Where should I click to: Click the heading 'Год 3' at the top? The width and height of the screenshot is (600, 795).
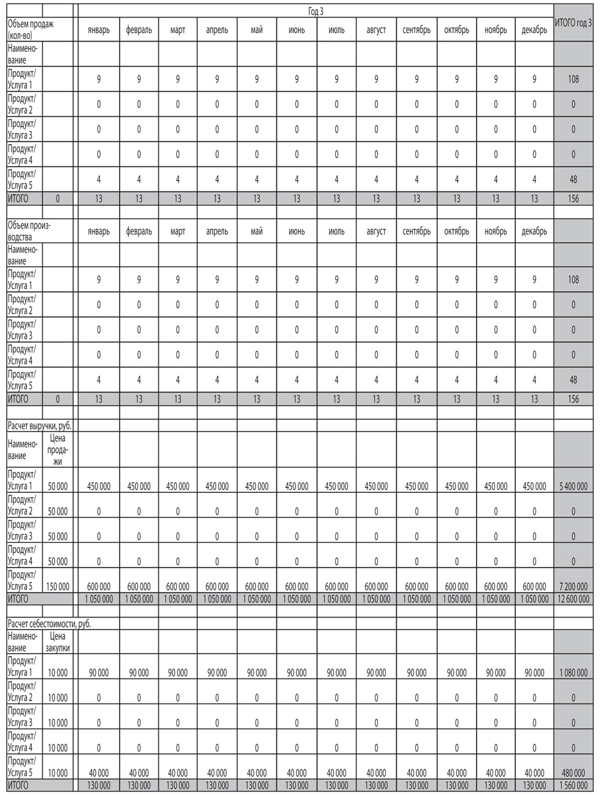point(316,11)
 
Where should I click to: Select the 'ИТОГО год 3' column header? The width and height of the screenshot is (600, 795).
point(573,23)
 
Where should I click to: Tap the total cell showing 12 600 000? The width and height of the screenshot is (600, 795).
point(573,599)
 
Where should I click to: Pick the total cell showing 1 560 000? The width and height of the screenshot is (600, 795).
point(573,785)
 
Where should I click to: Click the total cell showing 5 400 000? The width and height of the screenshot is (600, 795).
point(573,486)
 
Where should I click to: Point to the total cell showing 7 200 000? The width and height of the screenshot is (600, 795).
point(573,586)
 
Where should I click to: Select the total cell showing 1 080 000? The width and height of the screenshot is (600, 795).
point(573,672)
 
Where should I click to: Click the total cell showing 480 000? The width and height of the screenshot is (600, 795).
point(573,773)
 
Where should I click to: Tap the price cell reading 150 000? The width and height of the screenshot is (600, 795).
point(58,586)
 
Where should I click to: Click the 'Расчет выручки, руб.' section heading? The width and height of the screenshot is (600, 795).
point(39,425)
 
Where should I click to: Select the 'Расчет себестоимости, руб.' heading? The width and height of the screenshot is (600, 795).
point(49,624)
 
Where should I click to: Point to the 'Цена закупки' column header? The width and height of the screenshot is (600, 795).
point(58,642)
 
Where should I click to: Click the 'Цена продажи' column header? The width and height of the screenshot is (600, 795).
point(58,450)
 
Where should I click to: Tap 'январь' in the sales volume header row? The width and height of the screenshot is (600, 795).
point(99,30)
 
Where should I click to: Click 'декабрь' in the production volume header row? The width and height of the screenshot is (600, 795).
point(534,231)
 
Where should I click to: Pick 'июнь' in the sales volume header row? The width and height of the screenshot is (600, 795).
point(297,30)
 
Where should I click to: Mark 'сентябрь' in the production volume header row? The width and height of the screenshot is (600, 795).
point(416,231)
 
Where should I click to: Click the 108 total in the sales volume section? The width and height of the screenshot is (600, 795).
point(573,78)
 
